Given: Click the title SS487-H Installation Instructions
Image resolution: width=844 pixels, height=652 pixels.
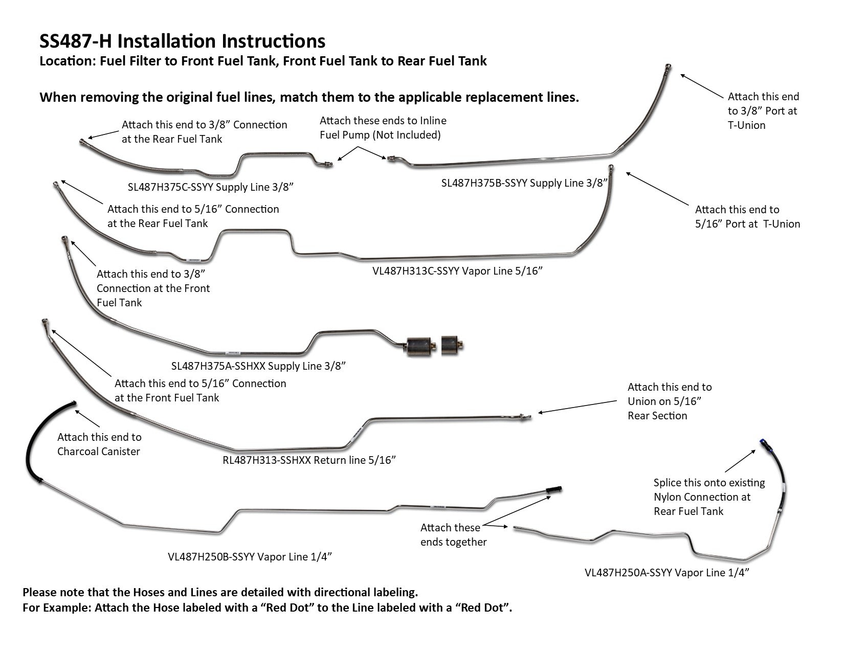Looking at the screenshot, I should (182, 41).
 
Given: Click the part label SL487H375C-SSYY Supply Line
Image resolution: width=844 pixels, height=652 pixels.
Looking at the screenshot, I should (210, 187).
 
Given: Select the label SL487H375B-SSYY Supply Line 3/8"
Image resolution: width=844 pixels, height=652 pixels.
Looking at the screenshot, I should (524, 183).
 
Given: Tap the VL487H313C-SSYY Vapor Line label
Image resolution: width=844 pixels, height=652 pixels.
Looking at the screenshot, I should (457, 271).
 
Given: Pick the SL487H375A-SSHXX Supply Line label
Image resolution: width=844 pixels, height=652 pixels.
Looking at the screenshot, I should (258, 366).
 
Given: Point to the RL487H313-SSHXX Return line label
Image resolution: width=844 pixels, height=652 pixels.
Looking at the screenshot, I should (309, 460).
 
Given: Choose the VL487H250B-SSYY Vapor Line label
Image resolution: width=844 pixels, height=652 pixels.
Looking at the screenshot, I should (250, 557).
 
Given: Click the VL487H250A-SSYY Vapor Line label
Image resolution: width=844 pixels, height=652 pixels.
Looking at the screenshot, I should (667, 573).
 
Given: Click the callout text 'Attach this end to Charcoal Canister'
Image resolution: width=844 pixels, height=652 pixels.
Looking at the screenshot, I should (99, 444).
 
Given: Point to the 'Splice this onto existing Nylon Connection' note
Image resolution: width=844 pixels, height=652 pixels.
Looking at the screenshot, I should (709, 497).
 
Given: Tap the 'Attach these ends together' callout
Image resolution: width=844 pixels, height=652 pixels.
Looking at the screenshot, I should (453, 535).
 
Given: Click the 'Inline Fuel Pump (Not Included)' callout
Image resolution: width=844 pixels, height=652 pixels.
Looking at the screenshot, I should (383, 128).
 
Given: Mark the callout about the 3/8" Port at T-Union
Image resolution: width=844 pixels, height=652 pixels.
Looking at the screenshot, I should (763, 111).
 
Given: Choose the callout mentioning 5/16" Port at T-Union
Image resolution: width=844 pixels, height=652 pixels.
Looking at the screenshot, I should (747, 217).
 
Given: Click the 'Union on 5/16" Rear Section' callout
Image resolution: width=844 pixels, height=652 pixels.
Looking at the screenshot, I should (669, 401).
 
